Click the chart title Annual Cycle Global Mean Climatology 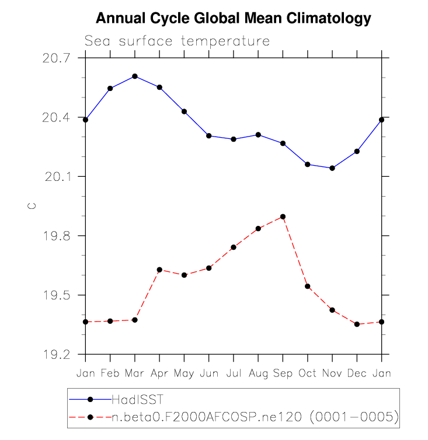coord(233,18)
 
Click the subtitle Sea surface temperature coord(177,41)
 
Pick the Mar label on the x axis coord(135,373)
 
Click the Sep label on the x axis coord(283,373)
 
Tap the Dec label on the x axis coord(357,373)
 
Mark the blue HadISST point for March coord(135,76)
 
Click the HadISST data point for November coord(332,168)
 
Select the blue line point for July coord(234,139)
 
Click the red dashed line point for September coord(283,216)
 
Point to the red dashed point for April coord(159,270)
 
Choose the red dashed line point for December coord(357,324)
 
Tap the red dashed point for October coord(308,287)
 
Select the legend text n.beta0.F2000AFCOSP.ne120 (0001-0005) coord(255,417)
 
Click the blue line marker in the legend coord(90,400)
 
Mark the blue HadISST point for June coord(208,136)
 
